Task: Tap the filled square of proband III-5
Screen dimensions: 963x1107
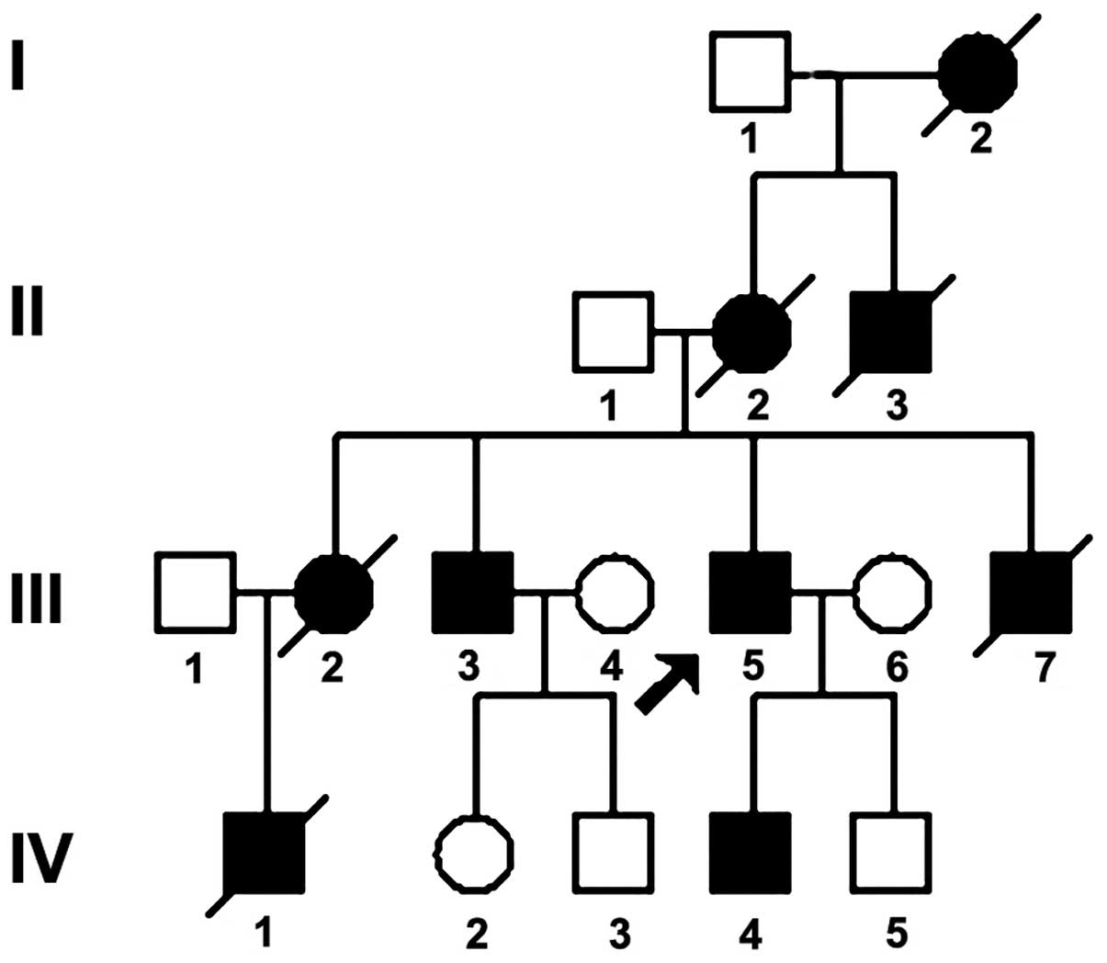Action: (751, 593)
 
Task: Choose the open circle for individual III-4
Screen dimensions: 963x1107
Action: (616, 593)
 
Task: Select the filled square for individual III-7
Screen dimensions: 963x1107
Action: (1032, 593)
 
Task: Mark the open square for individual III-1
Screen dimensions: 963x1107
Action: (195, 593)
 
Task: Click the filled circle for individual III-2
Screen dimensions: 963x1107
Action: (335, 593)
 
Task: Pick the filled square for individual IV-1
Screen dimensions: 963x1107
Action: (265, 852)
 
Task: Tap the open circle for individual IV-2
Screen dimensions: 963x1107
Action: (474, 852)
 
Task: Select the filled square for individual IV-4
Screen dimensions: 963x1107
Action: (751, 852)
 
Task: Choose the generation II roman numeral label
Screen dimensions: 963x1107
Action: (28, 311)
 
